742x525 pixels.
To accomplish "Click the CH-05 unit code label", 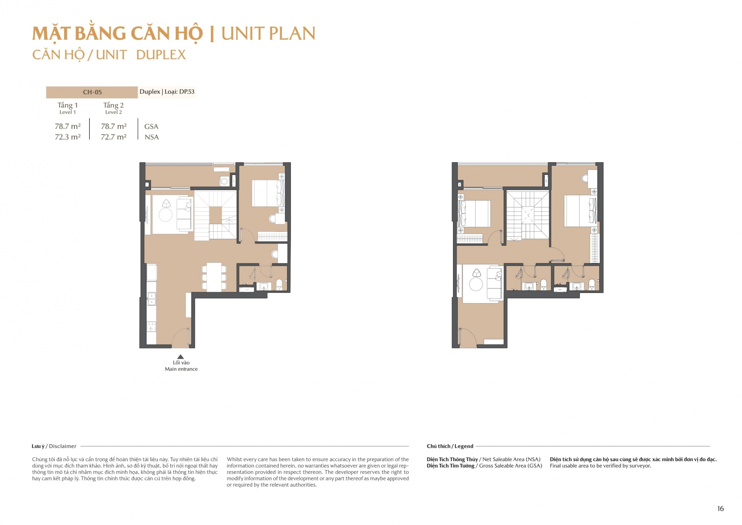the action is click(92, 92).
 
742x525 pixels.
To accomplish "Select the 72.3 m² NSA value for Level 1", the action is click(68, 137).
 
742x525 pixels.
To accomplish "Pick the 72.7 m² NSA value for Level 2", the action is click(114, 137).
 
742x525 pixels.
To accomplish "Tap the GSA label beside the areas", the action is click(151, 127).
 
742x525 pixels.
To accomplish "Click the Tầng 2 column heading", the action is click(114, 105).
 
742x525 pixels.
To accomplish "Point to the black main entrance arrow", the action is click(180, 357).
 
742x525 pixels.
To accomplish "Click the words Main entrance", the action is click(181, 369).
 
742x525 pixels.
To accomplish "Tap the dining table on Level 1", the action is click(214, 277).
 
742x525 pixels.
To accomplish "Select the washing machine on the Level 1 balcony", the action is click(224, 182).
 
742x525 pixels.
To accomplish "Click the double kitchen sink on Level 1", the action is click(151, 299).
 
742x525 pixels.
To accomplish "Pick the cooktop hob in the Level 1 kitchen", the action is click(151, 327).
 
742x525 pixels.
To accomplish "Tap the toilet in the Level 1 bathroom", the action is click(279, 285).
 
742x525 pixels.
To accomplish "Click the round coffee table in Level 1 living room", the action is click(165, 215).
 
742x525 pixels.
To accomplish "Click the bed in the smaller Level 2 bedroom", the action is click(474, 213).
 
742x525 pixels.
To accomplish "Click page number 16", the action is click(720, 509).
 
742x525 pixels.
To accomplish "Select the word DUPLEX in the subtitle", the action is click(161, 55).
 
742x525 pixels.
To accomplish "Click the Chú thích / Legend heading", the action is click(450, 446).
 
